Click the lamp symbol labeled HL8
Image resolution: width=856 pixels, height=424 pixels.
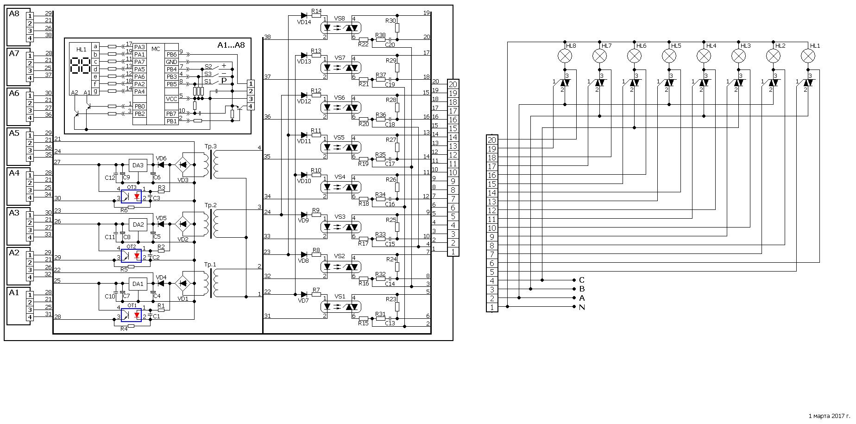pos(565,56)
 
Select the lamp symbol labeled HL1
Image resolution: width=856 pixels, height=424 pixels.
pos(808,56)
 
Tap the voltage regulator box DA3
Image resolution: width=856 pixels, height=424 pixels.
pos(138,165)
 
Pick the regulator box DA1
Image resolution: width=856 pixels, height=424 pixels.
pos(138,284)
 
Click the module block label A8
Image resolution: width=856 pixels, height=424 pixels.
pos(14,14)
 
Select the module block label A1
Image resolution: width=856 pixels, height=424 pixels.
pos(14,293)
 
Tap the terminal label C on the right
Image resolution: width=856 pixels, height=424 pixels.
pos(582,280)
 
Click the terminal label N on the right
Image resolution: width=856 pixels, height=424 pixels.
pos(582,307)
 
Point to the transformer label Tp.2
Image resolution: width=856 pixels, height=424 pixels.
pos(210,205)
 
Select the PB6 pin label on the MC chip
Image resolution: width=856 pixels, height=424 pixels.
pos(171,54)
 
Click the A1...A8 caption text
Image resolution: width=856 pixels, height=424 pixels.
pos(231,45)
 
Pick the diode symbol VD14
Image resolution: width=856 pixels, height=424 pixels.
pos(304,15)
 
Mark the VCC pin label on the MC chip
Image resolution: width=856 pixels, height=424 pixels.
pos(171,99)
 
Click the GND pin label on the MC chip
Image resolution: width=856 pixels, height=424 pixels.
pos(171,62)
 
